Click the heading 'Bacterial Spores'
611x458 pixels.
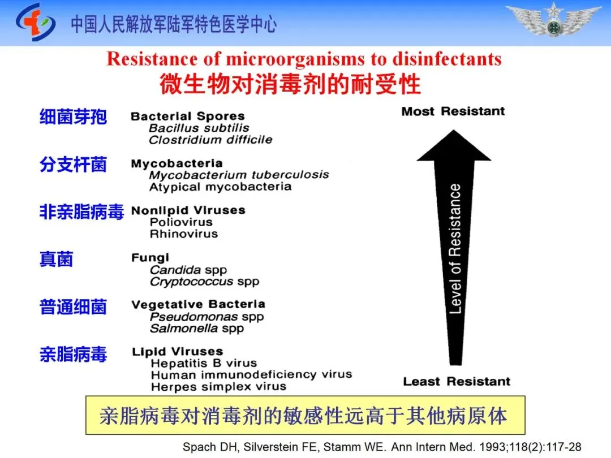[x=187, y=116]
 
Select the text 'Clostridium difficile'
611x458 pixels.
[x=210, y=140]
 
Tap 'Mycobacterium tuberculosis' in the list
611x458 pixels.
[x=239, y=175]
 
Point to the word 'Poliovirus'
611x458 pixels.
[x=181, y=222]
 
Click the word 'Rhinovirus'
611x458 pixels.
[x=183, y=234]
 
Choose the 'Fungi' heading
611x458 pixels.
[x=150, y=258]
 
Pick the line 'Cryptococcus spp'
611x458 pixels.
[x=204, y=282]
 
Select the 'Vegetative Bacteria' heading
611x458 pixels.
[x=198, y=305]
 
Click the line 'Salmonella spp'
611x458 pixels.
[x=197, y=329]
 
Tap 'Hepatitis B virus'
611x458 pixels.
[x=204, y=364]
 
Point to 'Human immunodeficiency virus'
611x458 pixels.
[x=251, y=375]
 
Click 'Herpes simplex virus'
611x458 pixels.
[x=218, y=387]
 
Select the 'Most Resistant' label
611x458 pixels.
[x=453, y=111]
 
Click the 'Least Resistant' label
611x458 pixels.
[x=457, y=382]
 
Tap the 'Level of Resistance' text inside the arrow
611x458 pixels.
[x=455, y=249]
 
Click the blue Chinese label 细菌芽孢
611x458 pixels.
[x=73, y=117]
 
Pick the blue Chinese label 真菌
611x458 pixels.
[x=56, y=260]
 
